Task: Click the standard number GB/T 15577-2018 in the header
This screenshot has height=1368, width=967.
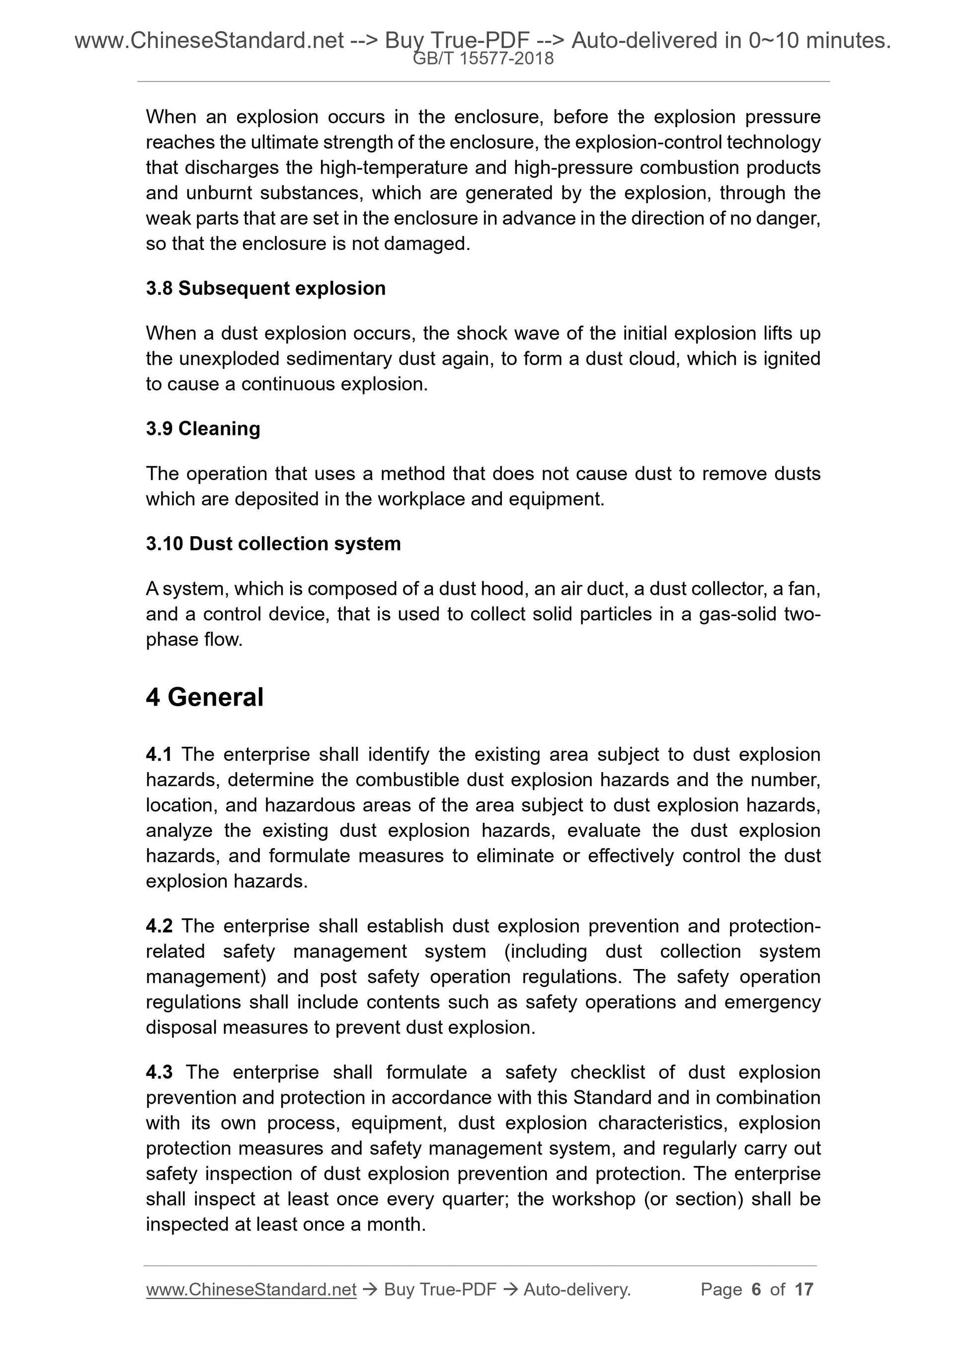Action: click(483, 59)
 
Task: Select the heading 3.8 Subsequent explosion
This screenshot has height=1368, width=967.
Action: click(266, 288)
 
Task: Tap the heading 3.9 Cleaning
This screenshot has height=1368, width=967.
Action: click(203, 428)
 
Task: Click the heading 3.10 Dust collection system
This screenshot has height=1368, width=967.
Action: click(273, 544)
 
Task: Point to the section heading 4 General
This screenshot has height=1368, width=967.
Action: click(204, 697)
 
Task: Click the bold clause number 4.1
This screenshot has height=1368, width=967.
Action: click(159, 754)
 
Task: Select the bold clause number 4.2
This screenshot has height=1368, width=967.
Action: click(159, 926)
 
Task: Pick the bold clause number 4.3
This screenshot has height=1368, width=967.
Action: click(159, 1072)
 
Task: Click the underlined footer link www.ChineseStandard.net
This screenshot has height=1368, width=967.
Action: click(251, 1289)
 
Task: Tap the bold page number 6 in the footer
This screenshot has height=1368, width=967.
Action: click(756, 1289)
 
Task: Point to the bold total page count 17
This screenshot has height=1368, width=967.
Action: click(804, 1289)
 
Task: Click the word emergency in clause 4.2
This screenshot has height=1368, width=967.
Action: click(772, 1002)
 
